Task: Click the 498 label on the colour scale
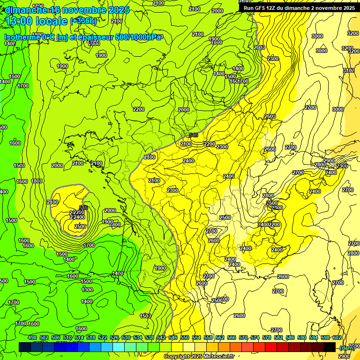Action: pos(32,337)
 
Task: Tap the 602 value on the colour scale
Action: pos(337,337)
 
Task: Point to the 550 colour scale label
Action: pos(185,337)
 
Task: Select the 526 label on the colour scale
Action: pos(114,337)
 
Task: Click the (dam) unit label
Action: pos(347,348)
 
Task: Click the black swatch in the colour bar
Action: pos(329,347)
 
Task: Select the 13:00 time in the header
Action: pos(18,21)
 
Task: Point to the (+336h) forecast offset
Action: pos(83,21)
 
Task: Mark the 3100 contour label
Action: pos(349,70)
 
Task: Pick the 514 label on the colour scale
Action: pos(79,337)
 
